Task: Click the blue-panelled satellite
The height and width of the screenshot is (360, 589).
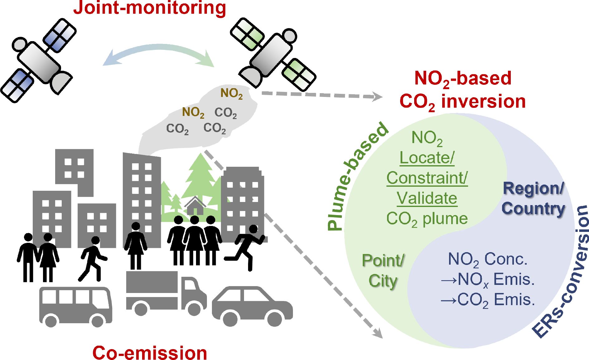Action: [38, 60]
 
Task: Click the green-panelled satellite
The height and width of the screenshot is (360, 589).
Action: [273, 55]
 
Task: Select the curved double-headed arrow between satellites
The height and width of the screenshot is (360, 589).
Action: [159, 55]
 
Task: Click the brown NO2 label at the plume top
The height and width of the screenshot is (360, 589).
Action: [231, 93]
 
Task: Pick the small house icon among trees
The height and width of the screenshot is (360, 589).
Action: [195, 206]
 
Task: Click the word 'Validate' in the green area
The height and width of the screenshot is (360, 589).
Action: [427, 198]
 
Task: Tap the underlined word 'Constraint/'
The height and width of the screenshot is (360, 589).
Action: [427, 178]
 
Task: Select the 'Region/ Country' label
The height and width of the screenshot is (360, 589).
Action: [534, 199]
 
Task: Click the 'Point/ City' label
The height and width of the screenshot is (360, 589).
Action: [383, 271]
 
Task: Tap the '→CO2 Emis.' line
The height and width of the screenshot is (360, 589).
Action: [488, 300]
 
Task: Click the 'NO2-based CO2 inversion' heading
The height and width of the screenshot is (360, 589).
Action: [463, 90]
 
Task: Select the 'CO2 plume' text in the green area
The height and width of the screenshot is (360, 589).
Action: [427, 219]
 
